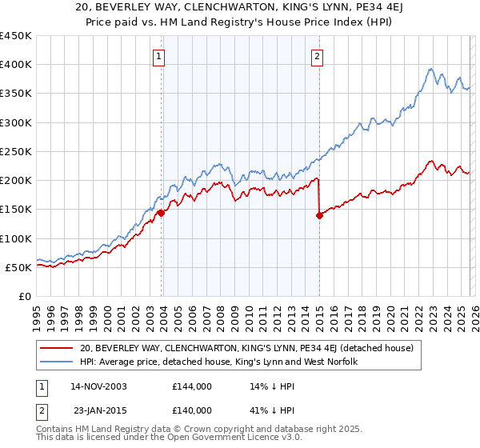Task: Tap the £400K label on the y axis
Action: pyautogui.click(x=16, y=65)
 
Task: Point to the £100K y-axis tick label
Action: pyautogui.click(x=16, y=238)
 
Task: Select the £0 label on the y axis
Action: pyautogui.click(x=26, y=296)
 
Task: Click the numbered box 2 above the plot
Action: pyautogui.click(x=318, y=56)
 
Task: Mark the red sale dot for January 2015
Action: pyautogui.click(x=319, y=215)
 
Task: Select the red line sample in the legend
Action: pyautogui.click(x=58, y=348)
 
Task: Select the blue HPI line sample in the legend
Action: pyautogui.click(x=58, y=362)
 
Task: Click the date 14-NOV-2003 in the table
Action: pyautogui.click(x=98, y=386)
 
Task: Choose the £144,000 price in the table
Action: pyautogui.click(x=191, y=386)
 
